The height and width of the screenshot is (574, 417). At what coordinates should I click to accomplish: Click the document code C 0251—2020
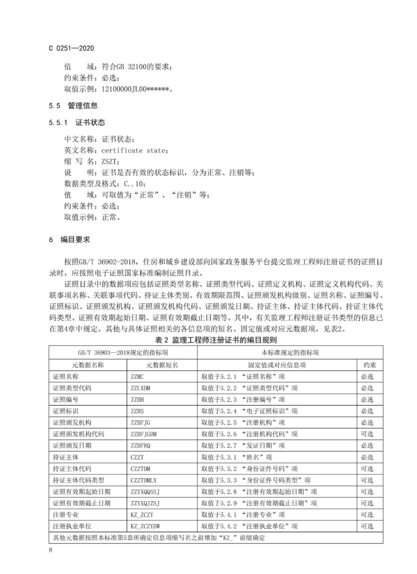[71, 48]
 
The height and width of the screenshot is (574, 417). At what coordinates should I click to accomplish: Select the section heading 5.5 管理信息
[73, 106]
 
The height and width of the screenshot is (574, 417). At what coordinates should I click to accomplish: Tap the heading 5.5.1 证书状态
[77, 123]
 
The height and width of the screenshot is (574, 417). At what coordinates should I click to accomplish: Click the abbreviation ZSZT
[109, 162]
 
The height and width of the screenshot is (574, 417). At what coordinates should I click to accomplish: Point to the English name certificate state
[133, 151]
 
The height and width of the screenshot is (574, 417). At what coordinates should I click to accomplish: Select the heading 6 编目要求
[69, 240]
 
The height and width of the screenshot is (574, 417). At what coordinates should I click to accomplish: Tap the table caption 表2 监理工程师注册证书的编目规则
[216, 340]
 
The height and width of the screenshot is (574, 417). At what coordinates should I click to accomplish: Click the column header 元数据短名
[162, 365]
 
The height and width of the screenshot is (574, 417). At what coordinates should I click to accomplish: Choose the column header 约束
[369, 365]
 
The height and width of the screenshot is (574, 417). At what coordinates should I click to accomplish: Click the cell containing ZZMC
[137, 377]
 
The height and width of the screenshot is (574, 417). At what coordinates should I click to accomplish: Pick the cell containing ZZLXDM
[140, 388]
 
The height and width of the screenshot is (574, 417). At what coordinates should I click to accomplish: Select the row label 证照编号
[65, 400]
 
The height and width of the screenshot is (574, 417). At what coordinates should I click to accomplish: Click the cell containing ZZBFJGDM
[143, 434]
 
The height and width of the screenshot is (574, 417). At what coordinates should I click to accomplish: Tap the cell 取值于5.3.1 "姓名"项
[236, 457]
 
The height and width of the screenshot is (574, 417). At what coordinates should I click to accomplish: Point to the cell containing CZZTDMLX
[143, 481]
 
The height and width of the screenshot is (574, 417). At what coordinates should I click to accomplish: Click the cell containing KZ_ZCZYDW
[145, 526]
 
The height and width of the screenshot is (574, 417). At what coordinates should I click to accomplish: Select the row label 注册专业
[65, 515]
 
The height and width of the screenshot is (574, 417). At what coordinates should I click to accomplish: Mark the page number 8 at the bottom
[51, 550]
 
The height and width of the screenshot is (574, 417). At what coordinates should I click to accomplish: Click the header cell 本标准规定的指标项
[290, 353]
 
